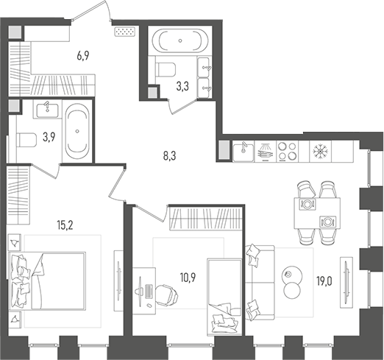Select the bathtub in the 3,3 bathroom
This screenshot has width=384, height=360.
pyautogui.click(x=179, y=41)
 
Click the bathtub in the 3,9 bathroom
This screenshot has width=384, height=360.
pyautogui.click(x=77, y=133)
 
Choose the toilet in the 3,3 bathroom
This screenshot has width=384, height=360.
pyautogui.click(x=165, y=71)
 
